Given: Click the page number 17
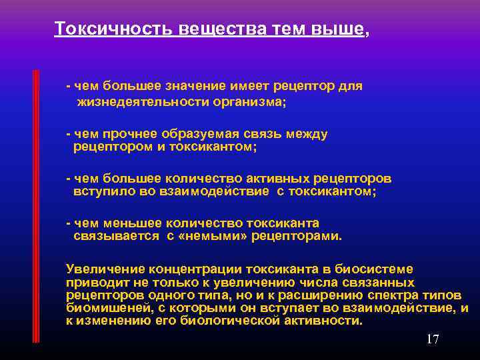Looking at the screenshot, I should pos(433,340).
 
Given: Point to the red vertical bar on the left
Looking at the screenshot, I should pos(37,200).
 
